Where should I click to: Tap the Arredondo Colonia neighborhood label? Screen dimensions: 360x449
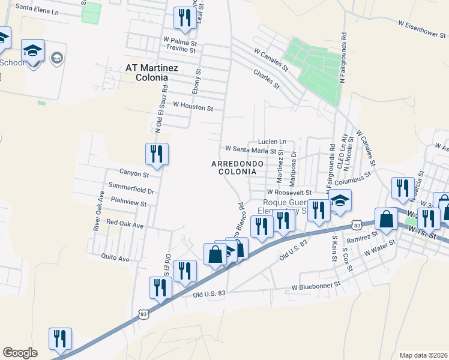234,167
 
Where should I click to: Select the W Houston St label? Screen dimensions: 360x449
193,107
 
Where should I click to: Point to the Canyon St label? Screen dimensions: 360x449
133,174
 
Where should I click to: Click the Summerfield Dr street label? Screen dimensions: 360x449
131,191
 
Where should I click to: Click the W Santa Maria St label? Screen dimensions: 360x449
250,149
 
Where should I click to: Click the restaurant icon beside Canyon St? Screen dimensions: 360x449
157,154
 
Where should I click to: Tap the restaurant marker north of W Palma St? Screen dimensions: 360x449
182,17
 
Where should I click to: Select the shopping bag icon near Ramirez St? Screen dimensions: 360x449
386,219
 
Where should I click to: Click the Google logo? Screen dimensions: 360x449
20,352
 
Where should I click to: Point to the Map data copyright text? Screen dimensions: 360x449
424,355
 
